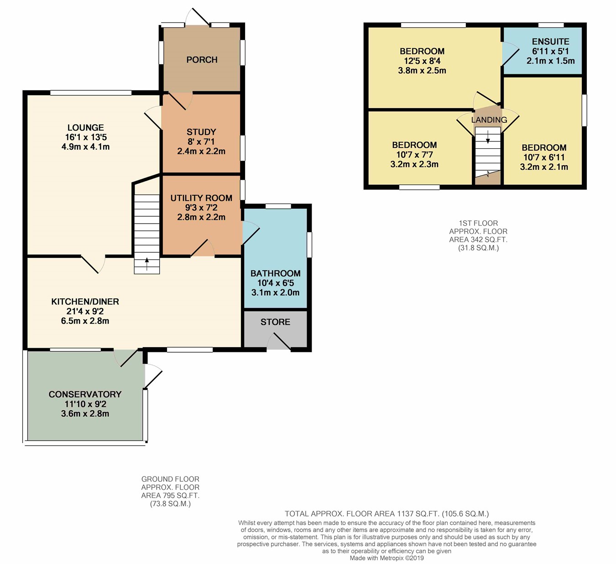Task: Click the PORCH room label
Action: tap(202, 60)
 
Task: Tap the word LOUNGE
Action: tap(86, 127)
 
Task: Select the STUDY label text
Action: tap(201, 132)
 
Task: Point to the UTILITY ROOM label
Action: tap(201, 198)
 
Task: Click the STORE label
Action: tap(275, 322)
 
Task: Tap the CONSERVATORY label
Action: tap(85, 394)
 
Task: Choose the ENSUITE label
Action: tap(551, 42)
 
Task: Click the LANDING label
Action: tap(489, 120)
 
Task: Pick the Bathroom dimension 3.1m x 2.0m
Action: tap(276, 292)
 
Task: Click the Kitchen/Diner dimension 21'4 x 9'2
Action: tap(85, 311)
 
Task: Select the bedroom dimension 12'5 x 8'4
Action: tap(422, 61)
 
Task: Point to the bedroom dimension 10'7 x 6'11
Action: tap(544, 157)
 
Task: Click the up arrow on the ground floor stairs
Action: tap(147, 264)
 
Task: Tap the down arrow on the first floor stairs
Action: tap(488, 137)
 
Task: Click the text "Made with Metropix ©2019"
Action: tap(386, 558)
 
